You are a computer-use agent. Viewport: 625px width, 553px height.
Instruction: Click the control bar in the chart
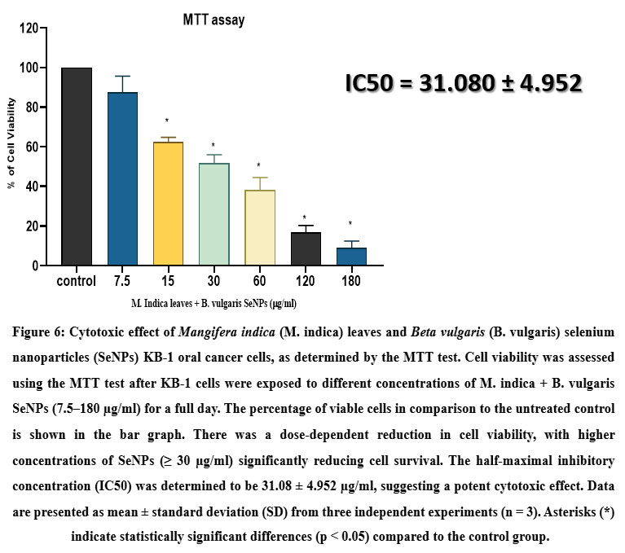click(77, 166)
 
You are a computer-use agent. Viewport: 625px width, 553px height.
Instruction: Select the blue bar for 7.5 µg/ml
click(122, 178)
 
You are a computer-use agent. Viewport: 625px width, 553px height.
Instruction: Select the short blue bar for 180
click(350, 257)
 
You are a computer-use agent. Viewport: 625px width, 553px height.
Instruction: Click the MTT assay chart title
click(213, 20)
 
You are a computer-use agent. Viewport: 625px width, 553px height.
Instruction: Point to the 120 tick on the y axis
click(29, 29)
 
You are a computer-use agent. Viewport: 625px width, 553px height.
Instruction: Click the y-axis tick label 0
click(35, 266)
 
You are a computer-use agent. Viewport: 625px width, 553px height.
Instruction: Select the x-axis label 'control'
click(77, 282)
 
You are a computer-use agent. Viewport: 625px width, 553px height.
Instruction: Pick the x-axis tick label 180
click(350, 282)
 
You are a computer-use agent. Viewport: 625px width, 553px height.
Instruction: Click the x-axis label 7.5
click(122, 282)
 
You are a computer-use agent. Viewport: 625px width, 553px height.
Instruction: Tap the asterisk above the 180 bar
click(350, 224)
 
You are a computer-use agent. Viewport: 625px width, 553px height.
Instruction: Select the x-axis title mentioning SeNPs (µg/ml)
click(213, 303)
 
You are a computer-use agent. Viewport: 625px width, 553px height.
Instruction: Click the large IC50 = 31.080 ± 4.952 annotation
click(462, 83)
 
